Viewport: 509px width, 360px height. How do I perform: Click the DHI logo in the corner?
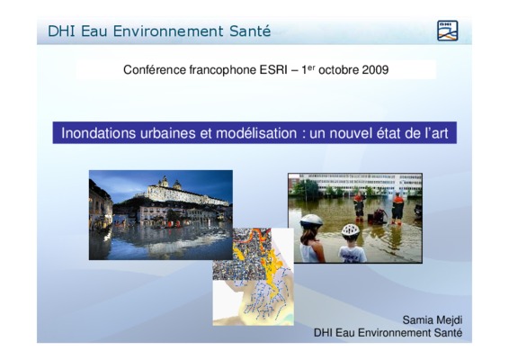click(x=447, y=31)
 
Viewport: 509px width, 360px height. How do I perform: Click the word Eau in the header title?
click(x=94, y=31)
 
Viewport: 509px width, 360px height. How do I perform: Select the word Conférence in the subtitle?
click(x=155, y=70)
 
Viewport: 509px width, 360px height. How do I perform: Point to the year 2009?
click(x=375, y=70)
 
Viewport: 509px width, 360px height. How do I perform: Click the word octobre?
click(x=338, y=70)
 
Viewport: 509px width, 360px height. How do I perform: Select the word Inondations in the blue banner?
click(x=98, y=133)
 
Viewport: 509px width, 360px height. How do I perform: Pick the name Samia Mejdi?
click(x=433, y=320)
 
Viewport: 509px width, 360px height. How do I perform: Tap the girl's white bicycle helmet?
click(x=311, y=220)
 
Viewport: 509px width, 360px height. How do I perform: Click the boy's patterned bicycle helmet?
click(x=350, y=230)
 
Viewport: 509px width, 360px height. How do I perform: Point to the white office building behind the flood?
click(x=357, y=184)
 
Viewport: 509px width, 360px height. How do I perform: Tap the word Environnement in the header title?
click(x=168, y=31)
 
